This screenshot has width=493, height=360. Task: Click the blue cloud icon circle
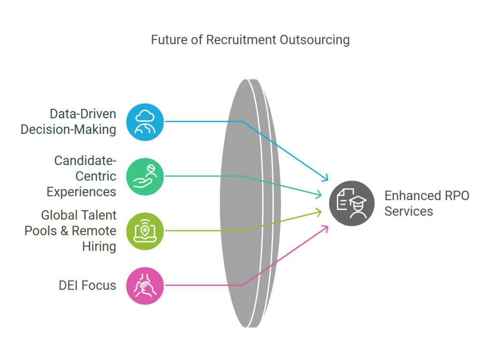tap(145, 122)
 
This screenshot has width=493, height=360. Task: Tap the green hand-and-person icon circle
tap(145, 176)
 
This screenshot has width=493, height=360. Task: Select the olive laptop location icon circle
tap(145, 231)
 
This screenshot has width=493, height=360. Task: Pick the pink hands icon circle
tap(145, 285)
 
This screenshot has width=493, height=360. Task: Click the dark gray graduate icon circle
tap(352, 203)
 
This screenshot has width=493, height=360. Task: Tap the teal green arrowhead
tap(319, 194)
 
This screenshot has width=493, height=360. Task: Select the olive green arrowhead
tap(319, 212)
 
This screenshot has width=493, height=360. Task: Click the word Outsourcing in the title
tap(314, 40)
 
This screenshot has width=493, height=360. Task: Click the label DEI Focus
tap(88, 285)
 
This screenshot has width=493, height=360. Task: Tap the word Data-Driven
tap(83, 114)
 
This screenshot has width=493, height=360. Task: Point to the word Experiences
tap(81, 192)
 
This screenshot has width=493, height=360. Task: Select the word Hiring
tap(99, 247)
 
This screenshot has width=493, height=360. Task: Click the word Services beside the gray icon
tap(409, 211)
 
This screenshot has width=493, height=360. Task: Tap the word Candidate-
tap(85, 161)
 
